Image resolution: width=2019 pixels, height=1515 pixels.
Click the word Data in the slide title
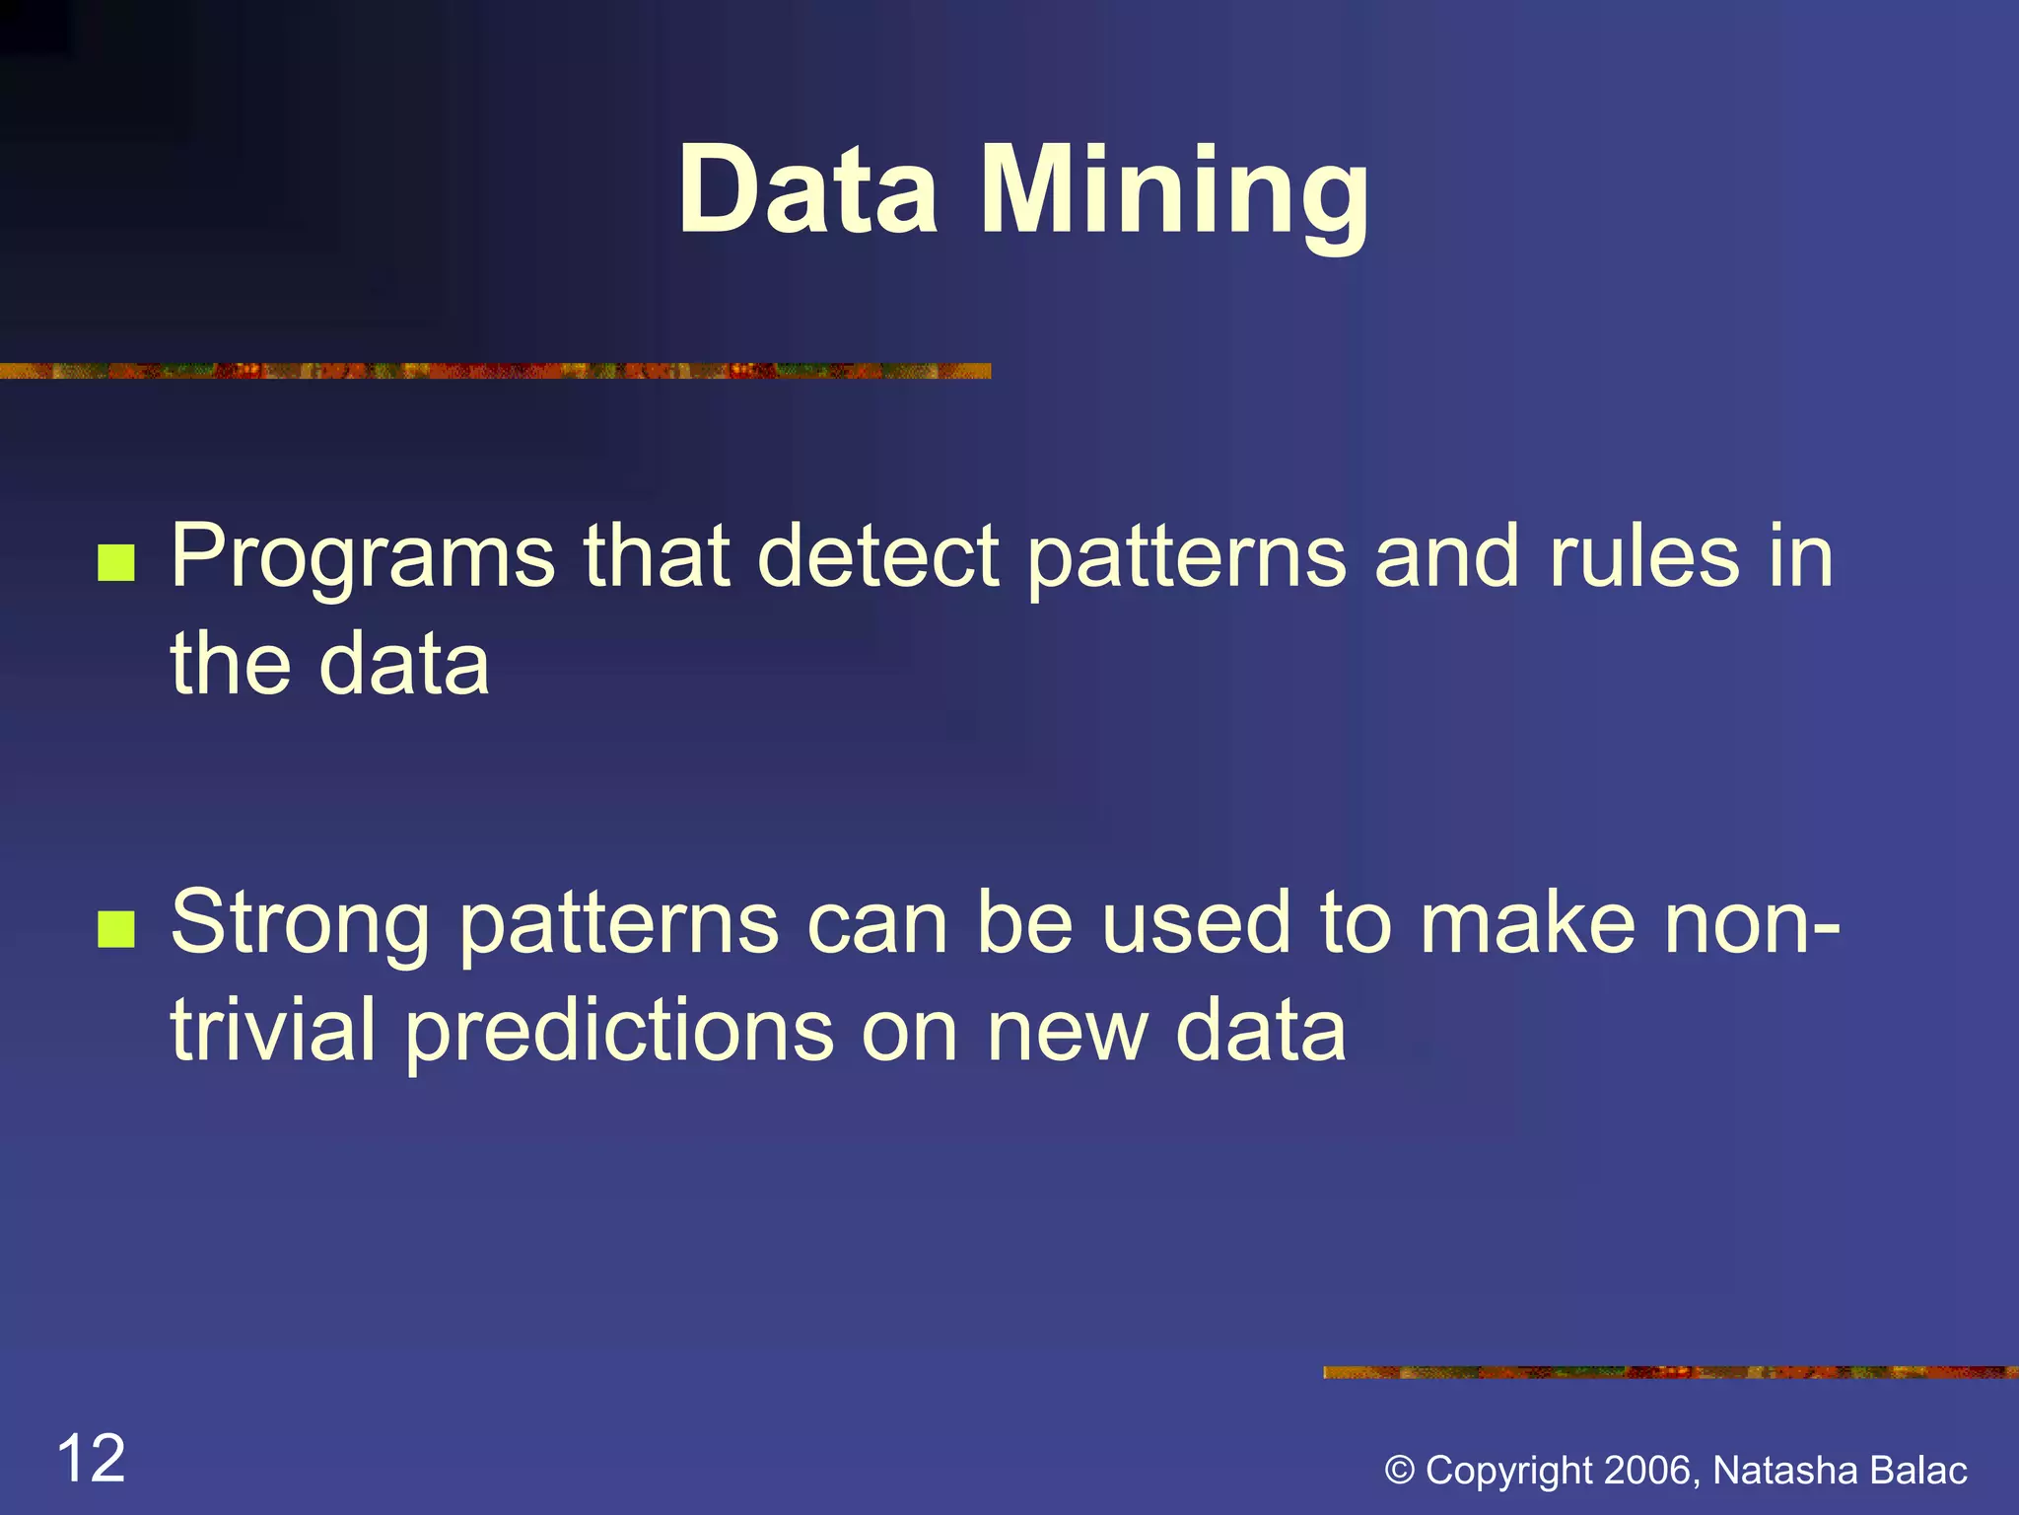point(807,189)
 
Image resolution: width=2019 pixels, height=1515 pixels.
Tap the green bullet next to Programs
point(116,563)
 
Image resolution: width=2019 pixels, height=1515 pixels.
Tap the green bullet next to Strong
point(116,928)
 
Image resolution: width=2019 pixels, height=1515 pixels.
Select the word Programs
point(363,558)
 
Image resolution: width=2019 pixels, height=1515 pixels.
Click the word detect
point(878,556)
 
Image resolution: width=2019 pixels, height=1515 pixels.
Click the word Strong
point(300,924)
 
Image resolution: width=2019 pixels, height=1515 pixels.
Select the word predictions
point(618,1032)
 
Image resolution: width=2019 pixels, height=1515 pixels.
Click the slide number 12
point(92,1459)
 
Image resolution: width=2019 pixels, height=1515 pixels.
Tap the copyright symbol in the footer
point(1400,1471)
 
